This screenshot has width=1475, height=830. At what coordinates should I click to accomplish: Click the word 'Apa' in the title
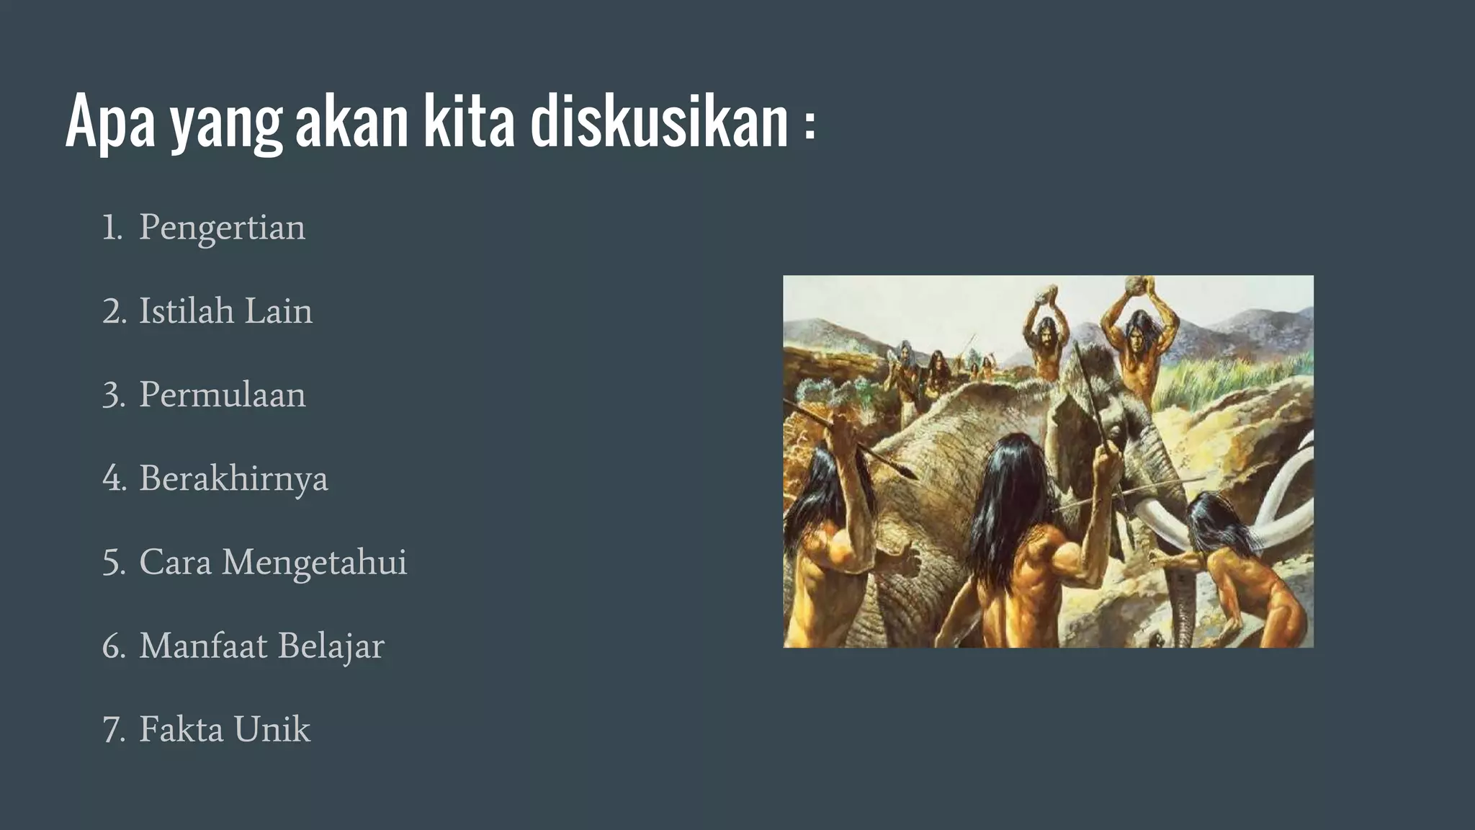tap(110, 122)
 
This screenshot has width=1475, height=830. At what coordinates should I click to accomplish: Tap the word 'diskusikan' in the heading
tap(659, 122)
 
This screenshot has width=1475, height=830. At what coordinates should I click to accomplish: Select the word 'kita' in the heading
tap(469, 122)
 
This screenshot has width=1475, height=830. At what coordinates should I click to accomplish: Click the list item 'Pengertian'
tap(222, 228)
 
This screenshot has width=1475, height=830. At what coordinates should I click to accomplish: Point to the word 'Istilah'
tap(187, 311)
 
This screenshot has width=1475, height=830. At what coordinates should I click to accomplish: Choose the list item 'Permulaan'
tap(222, 395)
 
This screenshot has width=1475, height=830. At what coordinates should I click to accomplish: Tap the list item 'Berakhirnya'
tap(233, 478)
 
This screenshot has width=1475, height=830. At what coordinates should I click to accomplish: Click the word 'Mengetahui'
tap(314, 562)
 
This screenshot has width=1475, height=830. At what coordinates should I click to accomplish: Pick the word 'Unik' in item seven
tap(272, 729)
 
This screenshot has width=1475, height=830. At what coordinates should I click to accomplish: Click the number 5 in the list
tap(113, 563)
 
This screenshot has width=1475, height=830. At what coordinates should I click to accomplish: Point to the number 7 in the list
tap(113, 730)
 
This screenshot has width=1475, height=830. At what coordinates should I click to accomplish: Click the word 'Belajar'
tap(331, 646)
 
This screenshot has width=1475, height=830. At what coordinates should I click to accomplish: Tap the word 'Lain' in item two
tap(278, 311)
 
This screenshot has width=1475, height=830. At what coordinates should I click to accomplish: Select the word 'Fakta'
tap(181, 729)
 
